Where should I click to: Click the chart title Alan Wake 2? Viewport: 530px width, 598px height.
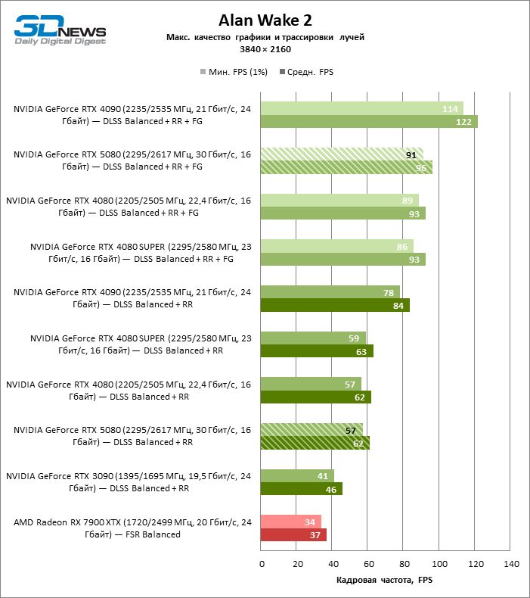click(265, 20)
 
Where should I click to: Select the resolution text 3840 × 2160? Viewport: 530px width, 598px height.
click(265, 49)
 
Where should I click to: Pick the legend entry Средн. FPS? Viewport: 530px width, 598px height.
click(306, 72)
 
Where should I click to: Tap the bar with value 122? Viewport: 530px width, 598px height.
click(369, 121)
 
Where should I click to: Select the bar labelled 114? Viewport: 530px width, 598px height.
click(361, 108)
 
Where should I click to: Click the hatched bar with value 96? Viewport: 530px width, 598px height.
click(346, 167)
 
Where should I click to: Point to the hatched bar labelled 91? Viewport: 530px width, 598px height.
click(342, 154)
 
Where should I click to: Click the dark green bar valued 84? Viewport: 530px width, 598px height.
click(335, 305)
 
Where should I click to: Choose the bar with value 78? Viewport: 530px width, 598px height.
click(330, 292)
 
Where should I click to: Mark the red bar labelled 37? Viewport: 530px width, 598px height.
click(293, 535)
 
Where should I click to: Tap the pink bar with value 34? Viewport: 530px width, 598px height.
click(290, 522)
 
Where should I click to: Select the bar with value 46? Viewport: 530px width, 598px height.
click(301, 489)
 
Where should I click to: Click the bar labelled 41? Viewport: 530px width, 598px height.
click(296, 476)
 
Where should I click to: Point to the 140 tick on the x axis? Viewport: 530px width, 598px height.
click(511, 564)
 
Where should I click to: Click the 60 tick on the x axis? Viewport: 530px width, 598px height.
click(368, 564)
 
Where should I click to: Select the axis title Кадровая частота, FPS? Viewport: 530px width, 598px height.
click(384, 580)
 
